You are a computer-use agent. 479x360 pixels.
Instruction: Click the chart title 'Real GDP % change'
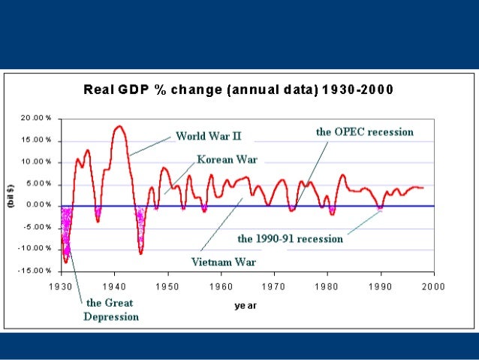(x=238, y=90)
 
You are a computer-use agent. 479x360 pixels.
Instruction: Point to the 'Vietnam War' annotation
(x=223, y=262)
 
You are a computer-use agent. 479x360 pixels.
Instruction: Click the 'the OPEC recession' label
(x=364, y=132)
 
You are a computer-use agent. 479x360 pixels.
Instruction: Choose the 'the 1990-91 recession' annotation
(x=290, y=239)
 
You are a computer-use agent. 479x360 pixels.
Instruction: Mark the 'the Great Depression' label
(x=111, y=310)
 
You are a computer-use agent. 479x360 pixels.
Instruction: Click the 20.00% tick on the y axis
(x=37, y=119)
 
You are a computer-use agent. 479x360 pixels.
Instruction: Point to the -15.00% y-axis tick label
(x=35, y=271)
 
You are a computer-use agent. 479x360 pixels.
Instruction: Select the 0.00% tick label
(x=38, y=205)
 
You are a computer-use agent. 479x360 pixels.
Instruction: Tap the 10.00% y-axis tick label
(x=37, y=162)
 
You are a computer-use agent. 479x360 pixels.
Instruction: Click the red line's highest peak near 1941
(x=119, y=126)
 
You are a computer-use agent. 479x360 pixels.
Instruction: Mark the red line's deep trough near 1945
(x=140, y=253)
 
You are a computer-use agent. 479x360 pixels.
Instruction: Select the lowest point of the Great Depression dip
(x=66, y=262)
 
